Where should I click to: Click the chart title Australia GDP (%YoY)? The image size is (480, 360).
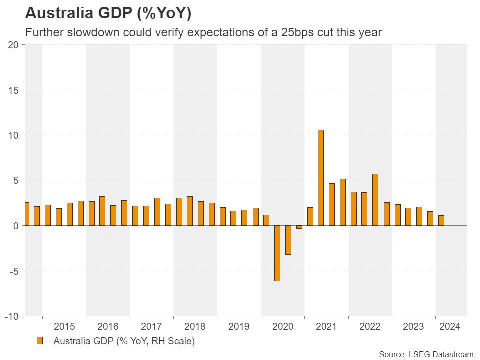(108, 14)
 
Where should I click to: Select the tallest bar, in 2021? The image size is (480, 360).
(321, 177)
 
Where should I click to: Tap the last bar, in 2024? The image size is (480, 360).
(441, 220)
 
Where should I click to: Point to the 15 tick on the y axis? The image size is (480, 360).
(14, 90)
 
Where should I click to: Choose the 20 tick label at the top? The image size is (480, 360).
(14, 45)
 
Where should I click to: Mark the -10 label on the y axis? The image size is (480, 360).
(12, 317)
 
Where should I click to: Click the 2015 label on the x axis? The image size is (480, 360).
(64, 327)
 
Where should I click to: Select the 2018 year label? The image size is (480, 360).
(195, 327)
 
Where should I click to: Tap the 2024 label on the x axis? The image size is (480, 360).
(449, 327)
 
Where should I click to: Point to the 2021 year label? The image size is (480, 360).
(326, 327)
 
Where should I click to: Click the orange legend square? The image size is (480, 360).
(40, 341)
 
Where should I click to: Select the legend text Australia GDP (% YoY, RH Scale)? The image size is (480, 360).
(124, 342)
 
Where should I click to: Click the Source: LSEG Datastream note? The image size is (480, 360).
(426, 354)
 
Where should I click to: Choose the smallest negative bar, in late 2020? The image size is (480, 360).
(299, 227)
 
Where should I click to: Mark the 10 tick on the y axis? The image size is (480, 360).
(14, 135)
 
